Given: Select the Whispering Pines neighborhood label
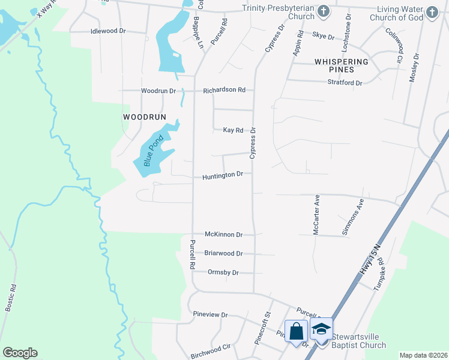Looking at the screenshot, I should (341, 65).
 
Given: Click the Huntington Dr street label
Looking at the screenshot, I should (222, 175).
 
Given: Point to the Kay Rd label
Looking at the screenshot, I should (233, 130).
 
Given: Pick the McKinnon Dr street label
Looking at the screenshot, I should (223, 235).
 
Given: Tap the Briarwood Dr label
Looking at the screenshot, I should (223, 253).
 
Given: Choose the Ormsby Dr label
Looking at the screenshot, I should (223, 272).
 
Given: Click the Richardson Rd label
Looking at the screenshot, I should (224, 90).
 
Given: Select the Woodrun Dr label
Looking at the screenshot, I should (158, 91).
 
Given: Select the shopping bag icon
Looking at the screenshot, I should (297, 331).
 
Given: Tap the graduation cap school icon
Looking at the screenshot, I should (322, 329).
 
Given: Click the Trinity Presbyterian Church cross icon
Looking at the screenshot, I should (324, 11).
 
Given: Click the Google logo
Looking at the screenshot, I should (20, 353).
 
